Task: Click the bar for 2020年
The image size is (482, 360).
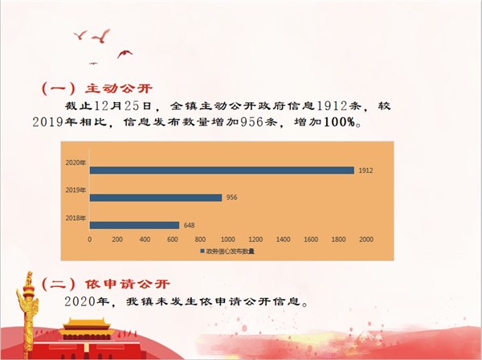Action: (x=222, y=170)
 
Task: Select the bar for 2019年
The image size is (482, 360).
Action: (x=156, y=198)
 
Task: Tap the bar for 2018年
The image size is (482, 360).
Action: (x=134, y=225)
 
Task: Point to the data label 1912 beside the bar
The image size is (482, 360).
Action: (x=366, y=170)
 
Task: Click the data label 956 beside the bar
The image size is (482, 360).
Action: (x=232, y=198)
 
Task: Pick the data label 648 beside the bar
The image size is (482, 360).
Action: (x=189, y=225)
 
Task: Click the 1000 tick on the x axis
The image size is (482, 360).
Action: (x=228, y=239)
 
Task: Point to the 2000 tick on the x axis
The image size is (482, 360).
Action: (x=366, y=239)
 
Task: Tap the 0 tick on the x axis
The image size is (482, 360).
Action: (x=89, y=239)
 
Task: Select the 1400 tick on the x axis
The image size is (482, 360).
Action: (x=283, y=239)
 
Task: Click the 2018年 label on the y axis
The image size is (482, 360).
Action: (x=76, y=218)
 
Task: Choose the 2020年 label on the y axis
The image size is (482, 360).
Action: (x=76, y=162)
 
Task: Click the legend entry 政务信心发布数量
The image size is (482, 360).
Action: (x=227, y=252)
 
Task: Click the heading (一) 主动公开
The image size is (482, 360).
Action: (x=97, y=89)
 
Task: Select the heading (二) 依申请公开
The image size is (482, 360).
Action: (x=105, y=284)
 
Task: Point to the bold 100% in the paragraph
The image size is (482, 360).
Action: (x=339, y=122)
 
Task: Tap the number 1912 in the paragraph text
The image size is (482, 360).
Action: (x=332, y=106)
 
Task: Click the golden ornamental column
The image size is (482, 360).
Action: (x=28, y=313)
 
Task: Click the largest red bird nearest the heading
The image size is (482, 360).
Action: (x=101, y=36)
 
